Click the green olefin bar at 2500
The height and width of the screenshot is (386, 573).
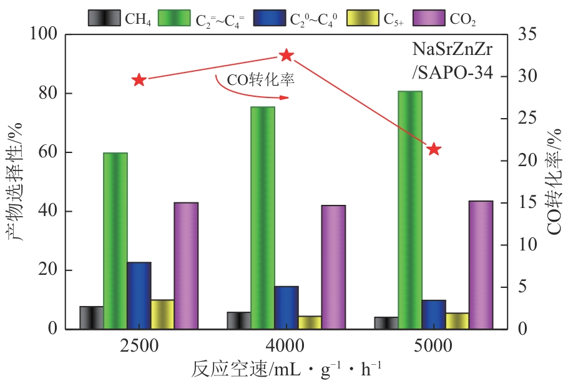click(x=115, y=240)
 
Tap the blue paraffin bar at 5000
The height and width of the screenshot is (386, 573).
click(x=434, y=314)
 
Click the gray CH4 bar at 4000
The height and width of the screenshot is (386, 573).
click(x=238, y=320)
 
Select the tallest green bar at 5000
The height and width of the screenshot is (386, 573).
click(x=410, y=209)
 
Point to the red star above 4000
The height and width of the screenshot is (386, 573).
click(x=286, y=56)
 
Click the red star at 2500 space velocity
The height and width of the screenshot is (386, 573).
click(x=139, y=80)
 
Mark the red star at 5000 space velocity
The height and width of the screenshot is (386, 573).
click(x=434, y=149)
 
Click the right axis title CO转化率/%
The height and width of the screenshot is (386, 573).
click(x=555, y=181)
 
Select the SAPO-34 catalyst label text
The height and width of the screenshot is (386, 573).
click(x=453, y=73)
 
